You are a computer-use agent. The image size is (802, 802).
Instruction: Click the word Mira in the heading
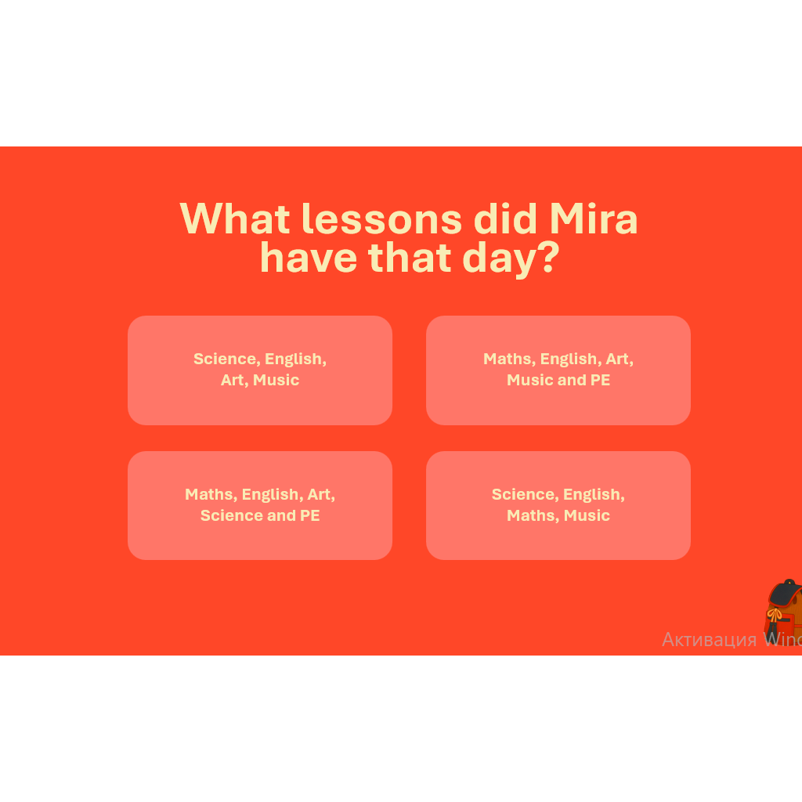pos(594,219)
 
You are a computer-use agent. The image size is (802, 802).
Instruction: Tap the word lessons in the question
pos(382,219)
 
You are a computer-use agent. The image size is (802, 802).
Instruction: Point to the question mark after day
pos(550,257)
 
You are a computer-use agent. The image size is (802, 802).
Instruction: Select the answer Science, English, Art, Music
pos(260,370)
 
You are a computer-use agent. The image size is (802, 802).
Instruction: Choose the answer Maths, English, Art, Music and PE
pos(558,370)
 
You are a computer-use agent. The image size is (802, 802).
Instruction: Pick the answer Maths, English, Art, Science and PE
pos(260,505)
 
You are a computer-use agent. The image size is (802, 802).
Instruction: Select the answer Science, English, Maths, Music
pos(558,505)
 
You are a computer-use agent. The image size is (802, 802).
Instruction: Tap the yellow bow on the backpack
pos(774,615)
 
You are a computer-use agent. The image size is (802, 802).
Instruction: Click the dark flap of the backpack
pos(785,594)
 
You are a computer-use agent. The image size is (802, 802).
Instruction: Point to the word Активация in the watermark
pos(709,639)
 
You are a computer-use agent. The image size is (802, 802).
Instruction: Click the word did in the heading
pos(506,219)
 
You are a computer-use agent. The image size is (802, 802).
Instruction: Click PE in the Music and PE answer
pos(600,380)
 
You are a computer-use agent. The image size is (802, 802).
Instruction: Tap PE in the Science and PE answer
pos(309,515)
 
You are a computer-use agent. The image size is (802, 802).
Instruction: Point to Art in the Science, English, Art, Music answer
pos(234,380)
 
